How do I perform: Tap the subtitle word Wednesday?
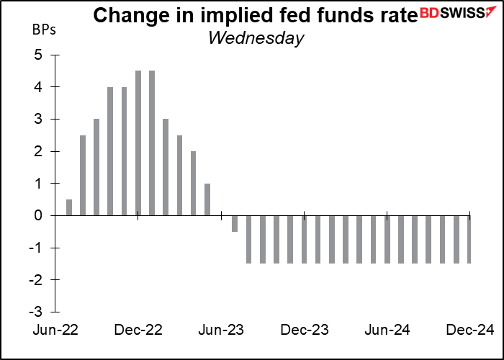click(x=256, y=37)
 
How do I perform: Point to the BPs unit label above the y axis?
click(x=42, y=31)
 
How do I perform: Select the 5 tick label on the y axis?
click(x=38, y=55)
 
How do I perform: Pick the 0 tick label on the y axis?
click(x=38, y=215)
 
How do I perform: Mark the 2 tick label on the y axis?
click(x=38, y=151)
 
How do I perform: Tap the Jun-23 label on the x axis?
click(x=220, y=330)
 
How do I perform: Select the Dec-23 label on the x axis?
click(x=304, y=330)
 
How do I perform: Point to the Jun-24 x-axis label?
click(x=387, y=330)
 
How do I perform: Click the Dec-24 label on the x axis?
click(x=469, y=330)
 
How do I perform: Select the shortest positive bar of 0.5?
click(x=69, y=207)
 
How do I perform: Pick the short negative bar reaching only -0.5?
click(x=235, y=223)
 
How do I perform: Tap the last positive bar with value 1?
click(x=207, y=199)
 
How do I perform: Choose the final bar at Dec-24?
click(x=469, y=239)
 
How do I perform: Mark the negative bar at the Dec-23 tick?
click(x=304, y=239)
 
